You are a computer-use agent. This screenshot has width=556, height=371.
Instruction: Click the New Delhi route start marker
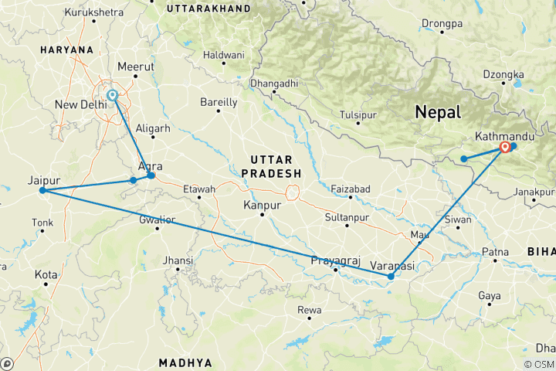(113, 95)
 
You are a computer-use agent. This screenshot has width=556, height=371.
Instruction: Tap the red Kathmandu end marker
(505, 146)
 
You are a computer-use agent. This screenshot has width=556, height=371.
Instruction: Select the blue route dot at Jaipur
(42, 190)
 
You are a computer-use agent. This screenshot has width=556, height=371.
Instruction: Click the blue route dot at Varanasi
(391, 276)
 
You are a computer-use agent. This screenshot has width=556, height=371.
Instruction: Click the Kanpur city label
(261, 205)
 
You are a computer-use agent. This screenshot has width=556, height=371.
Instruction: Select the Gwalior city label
(158, 220)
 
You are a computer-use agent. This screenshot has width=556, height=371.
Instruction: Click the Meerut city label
(135, 66)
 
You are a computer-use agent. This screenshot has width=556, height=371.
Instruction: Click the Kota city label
(46, 274)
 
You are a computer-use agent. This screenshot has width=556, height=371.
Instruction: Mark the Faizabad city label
(351, 189)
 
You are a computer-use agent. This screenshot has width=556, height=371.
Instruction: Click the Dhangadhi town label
(274, 82)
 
